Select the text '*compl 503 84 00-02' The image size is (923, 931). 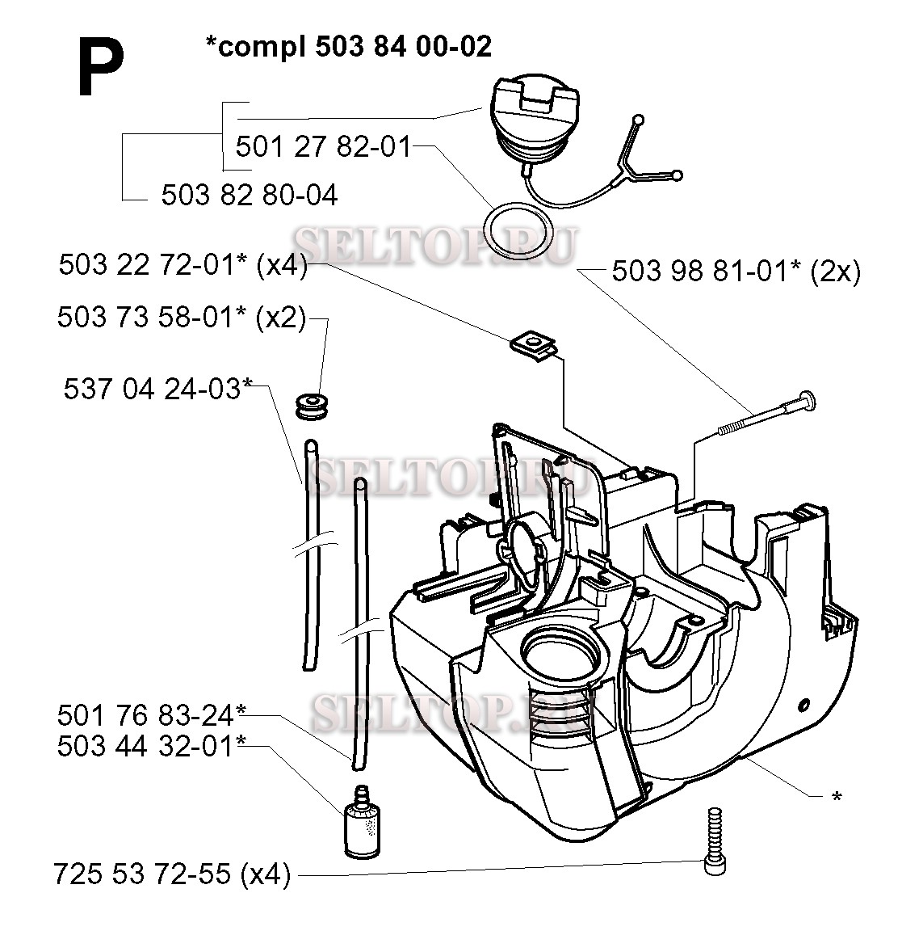[x=348, y=47]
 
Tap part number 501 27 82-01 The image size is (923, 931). [x=322, y=147]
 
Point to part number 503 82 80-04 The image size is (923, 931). [x=250, y=195]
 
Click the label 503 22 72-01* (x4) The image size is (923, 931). [x=183, y=266]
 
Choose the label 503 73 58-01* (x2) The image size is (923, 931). [x=181, y=318]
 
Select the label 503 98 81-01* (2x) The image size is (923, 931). [x=736, y=271]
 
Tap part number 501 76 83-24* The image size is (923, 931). [x=151, y=715]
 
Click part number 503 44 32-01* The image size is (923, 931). [x=151, y=745]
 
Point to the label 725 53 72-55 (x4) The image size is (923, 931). [x=172, y=874]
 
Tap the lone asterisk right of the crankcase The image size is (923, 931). [x=837, y=797]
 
